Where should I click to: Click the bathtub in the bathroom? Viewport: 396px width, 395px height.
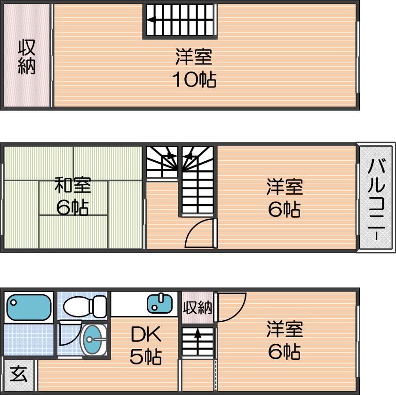coord(29,308)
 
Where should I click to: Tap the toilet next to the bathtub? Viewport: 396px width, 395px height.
coord(85,306)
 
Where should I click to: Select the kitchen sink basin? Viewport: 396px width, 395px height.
coord(159,303)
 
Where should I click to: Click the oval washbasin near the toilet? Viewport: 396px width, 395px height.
coord(93,340)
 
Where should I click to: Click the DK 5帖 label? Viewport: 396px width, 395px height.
coord(146,345)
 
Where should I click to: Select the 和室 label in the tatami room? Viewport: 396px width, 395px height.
coord(73,185)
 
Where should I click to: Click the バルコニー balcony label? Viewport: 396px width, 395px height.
coord(376,199)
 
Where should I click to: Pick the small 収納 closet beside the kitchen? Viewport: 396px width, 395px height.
coord(198,308)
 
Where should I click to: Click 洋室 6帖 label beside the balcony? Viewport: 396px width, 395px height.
coord(285,197)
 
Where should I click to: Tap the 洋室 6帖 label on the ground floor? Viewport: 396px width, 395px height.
coord(285,340)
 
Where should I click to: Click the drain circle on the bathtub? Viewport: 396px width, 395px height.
coord(13,303)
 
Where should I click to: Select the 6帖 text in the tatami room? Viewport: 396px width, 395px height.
coord(72,207)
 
